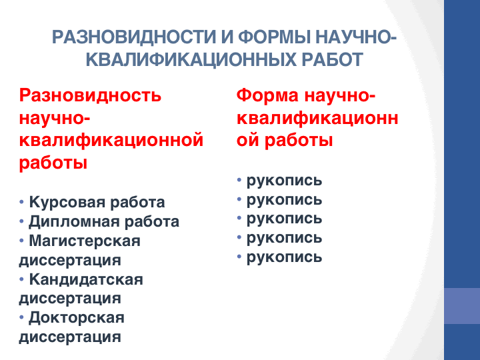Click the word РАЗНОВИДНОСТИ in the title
pos(134,37)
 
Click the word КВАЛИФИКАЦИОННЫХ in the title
pos(191,59)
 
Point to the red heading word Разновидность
pos(90,95)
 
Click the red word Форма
pos(267,95)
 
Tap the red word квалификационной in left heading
pos(111,140)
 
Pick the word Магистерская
pos(85,241)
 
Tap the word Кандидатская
pos(86,279)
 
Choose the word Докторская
pos(77,318)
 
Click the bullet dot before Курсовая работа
pos(21,202)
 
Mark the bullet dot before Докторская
pos(21,317)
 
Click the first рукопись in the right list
pos(284,181)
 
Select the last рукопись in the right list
pos(284,257)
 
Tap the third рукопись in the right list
pos(284,219)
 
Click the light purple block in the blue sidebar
pos(462,306)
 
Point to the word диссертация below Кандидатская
pos(70,299)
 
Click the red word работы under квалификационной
pos(53,163)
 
